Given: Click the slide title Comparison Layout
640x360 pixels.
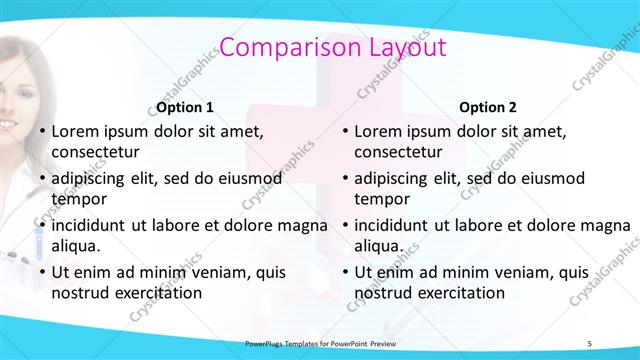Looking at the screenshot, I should (332, 47).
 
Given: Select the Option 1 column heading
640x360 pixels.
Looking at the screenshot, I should (185, 107).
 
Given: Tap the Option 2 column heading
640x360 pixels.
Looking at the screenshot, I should (487, 107).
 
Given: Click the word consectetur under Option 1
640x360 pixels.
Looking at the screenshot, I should (96, 152).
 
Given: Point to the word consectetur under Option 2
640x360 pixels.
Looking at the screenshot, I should (398, 152).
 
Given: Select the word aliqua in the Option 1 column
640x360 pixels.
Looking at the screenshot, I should (76, 245).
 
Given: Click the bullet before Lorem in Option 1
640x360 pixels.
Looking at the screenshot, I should (41, 131).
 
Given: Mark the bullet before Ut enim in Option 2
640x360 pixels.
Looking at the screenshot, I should (344, 272).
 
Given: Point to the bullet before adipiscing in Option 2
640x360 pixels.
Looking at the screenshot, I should (344, 178).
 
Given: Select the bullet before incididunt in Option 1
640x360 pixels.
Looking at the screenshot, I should (41, 225).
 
